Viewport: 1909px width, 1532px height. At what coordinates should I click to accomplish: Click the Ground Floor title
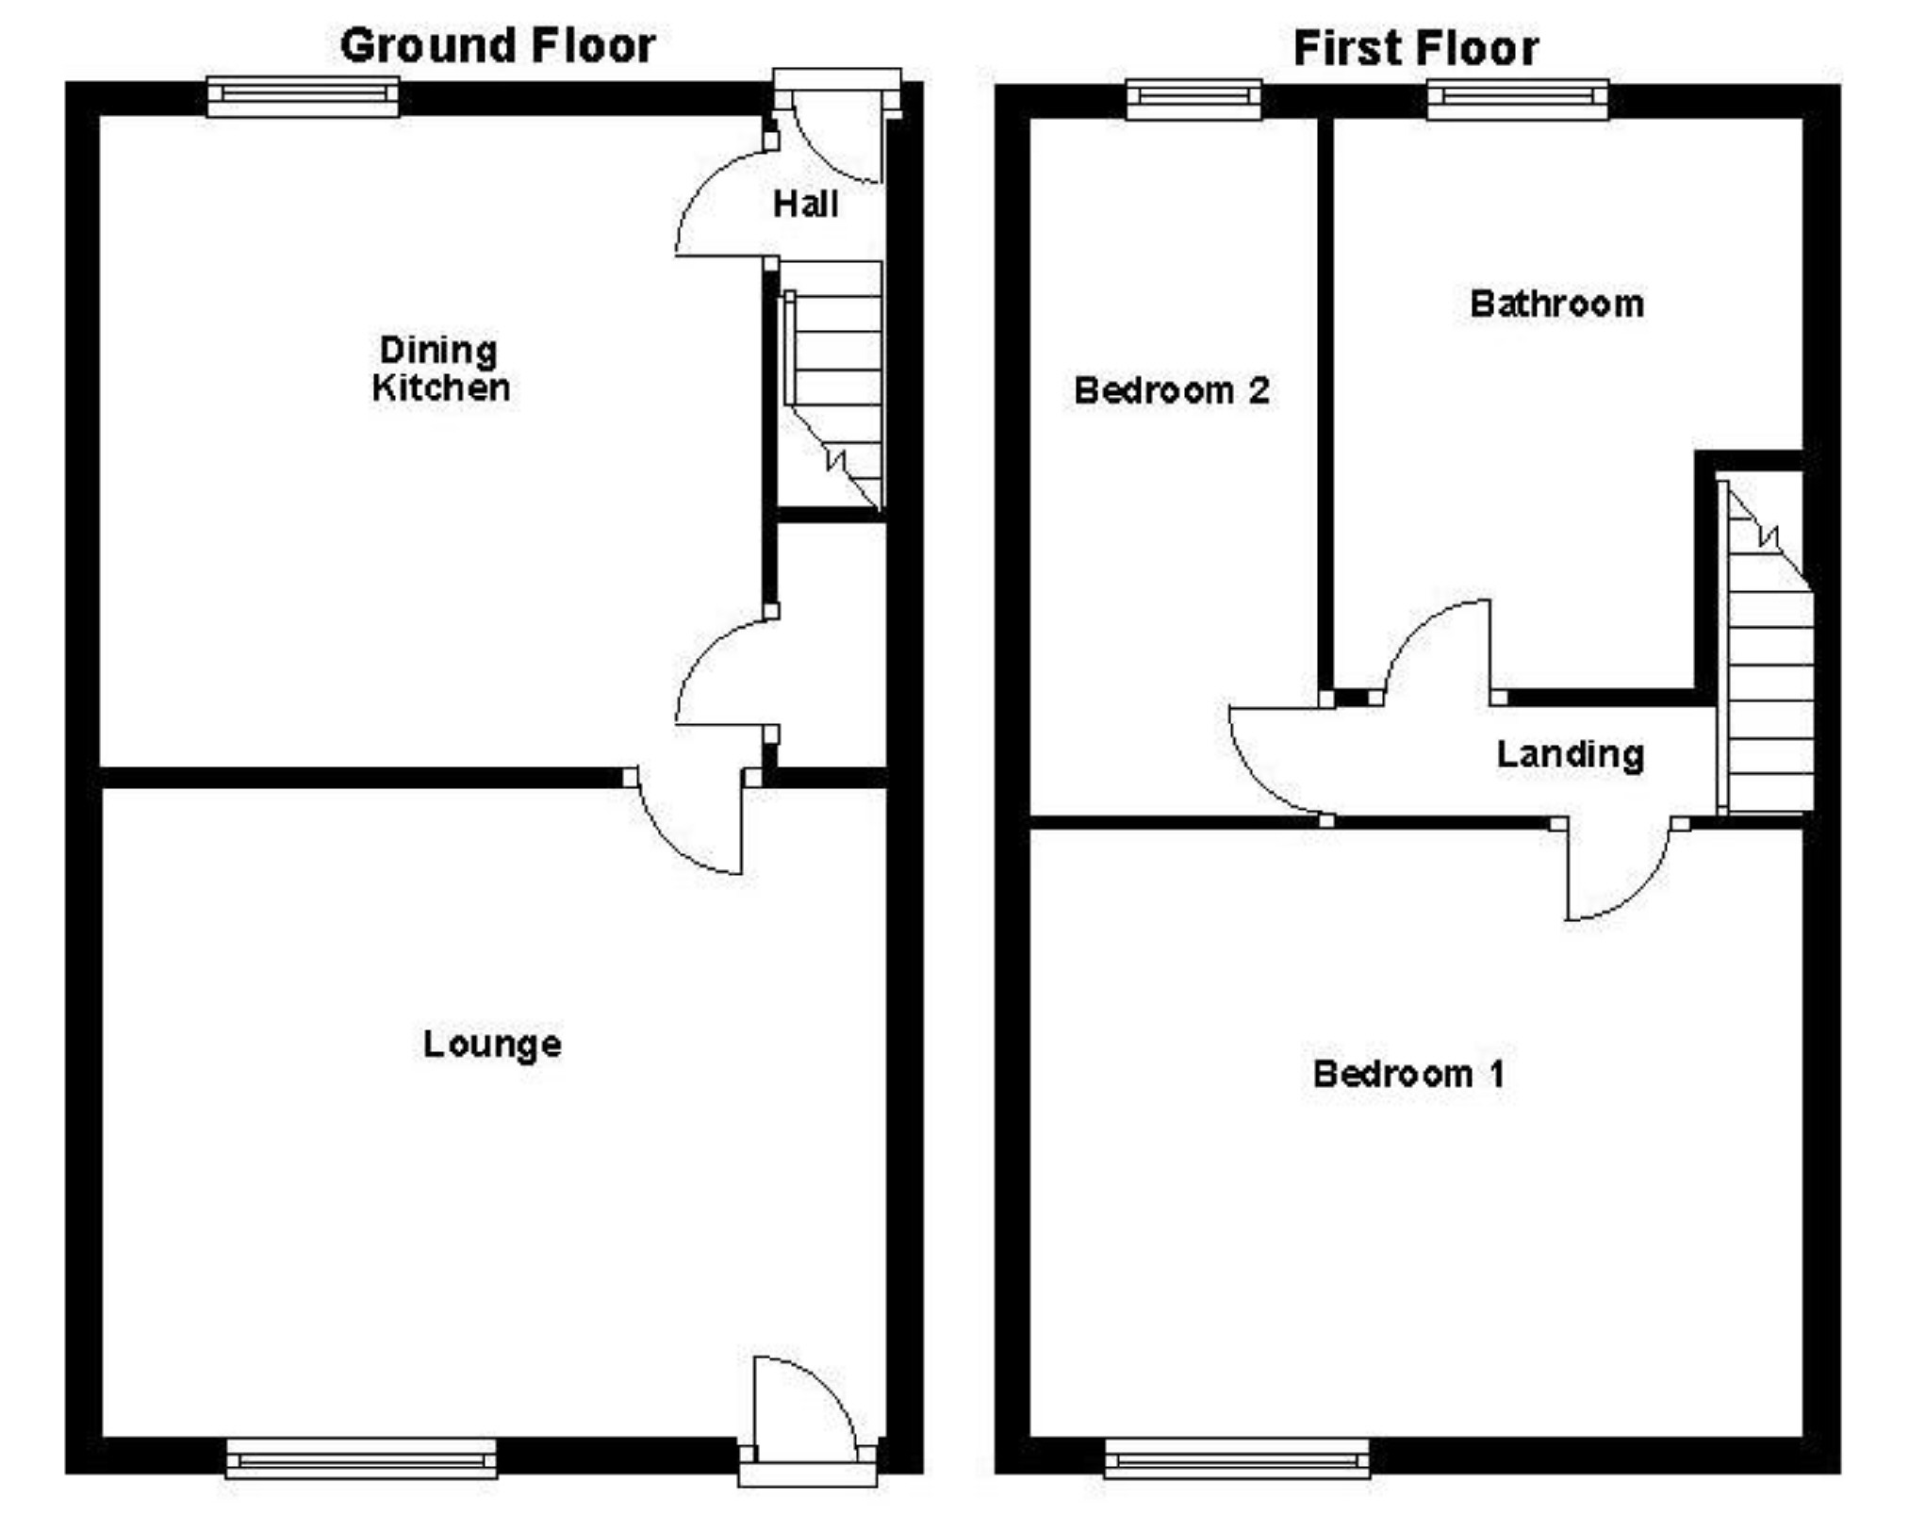tap(498, 46)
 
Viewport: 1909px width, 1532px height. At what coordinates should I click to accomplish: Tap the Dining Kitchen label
tap(440, 369)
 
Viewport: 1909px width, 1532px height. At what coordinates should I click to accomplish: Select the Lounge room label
tap(492, 1044)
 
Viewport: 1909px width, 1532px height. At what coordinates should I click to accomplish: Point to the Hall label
tap(805, 204)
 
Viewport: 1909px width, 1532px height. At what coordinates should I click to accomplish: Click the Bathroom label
tap(1556, 304)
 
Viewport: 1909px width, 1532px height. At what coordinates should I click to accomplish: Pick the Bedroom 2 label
tap(1172, 389)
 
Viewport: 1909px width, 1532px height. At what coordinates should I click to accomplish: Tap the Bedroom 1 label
tap(1408, 1073)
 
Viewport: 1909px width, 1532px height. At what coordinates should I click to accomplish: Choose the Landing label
tap(1571, 754)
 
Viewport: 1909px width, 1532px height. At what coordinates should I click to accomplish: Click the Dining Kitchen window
tap(303, 96)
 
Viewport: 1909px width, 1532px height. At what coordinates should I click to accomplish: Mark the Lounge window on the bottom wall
tap(361, 1458)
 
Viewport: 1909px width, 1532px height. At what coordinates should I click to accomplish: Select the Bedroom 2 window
tap(1194, 99)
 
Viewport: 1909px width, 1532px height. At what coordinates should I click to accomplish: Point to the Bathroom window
tap(1518, 99)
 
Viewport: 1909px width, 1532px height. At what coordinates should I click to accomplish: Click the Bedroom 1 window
tap(1237, 1458)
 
